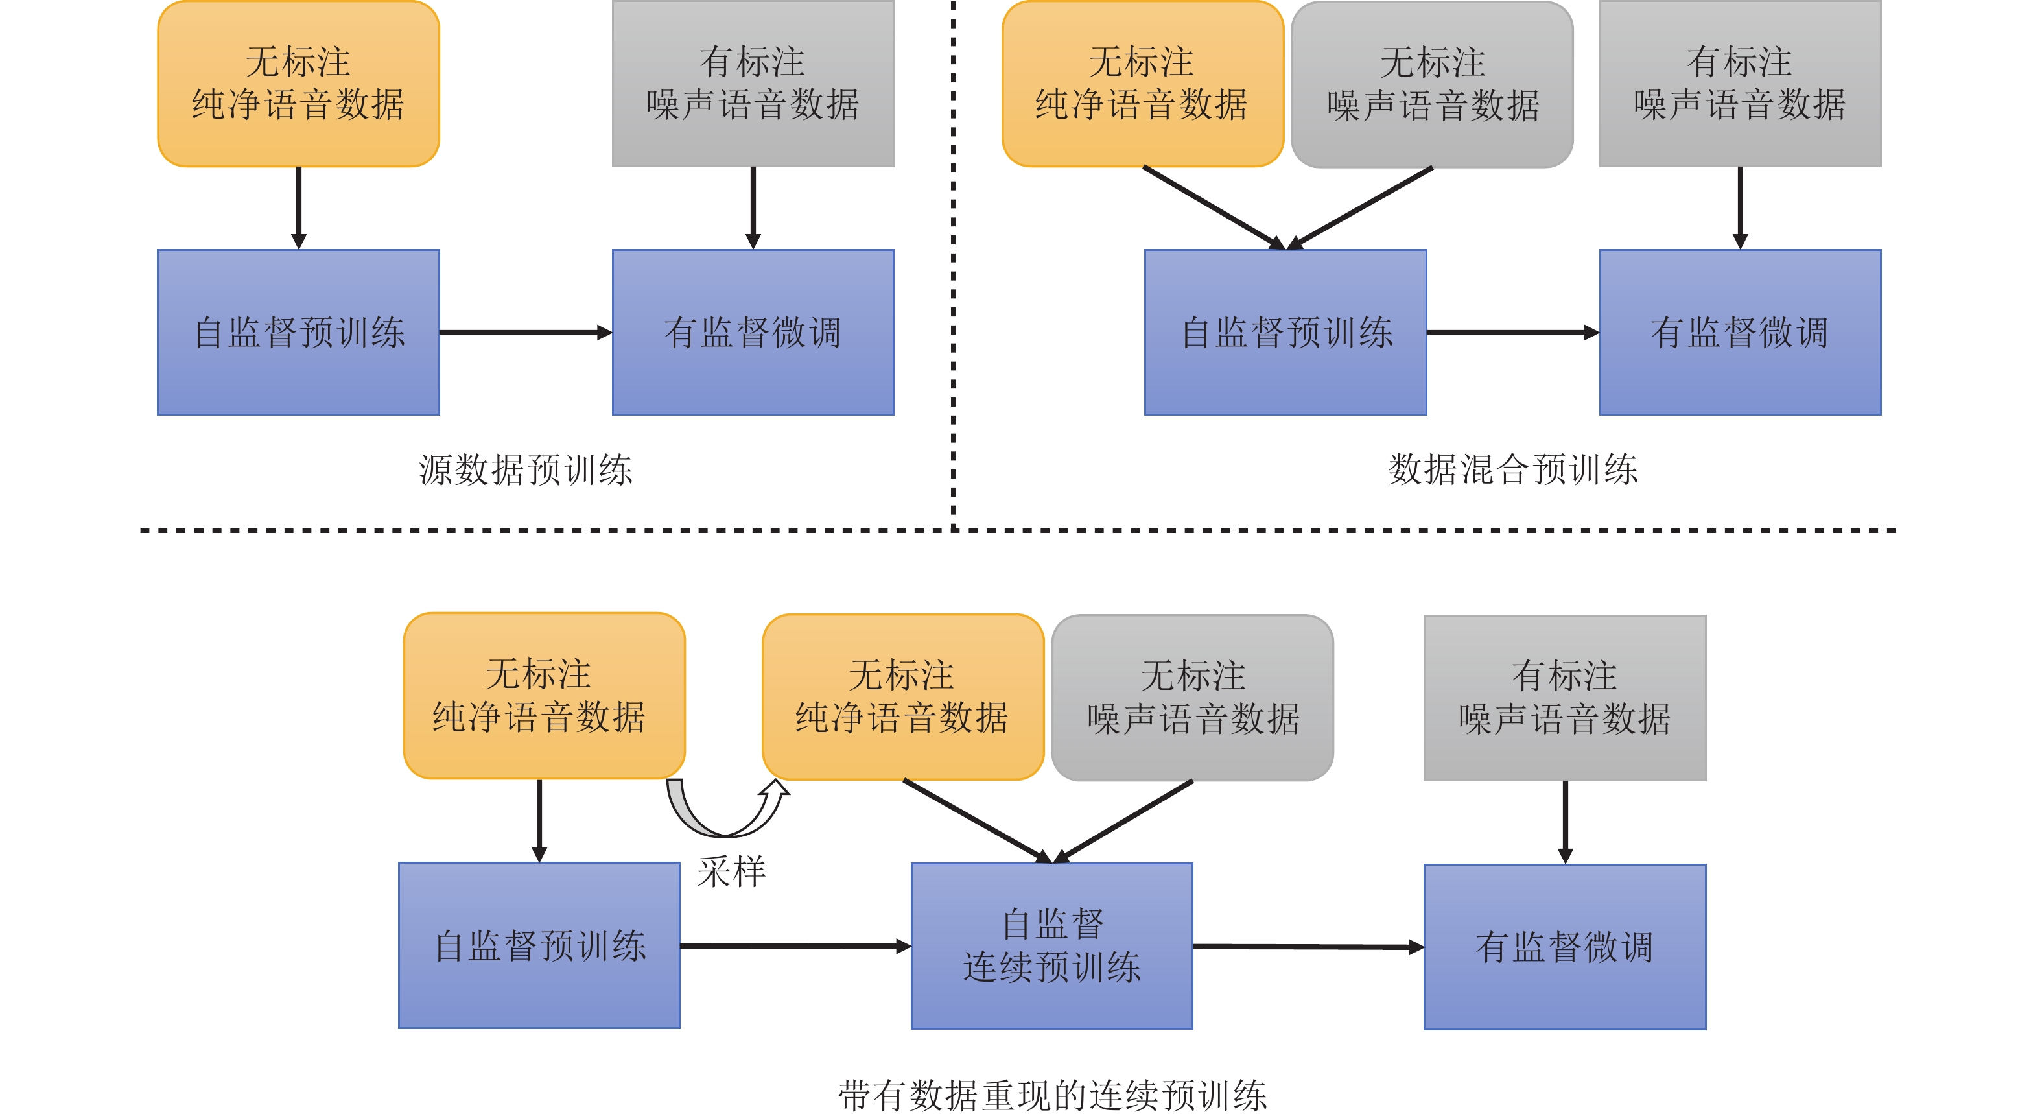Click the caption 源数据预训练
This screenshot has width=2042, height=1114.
click(x=526, y=469)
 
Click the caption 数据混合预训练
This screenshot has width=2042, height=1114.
click(x=1512, y=469)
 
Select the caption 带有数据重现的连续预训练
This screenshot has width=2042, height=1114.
click(x=1052, y=1095)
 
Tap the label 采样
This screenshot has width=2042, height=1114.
click(x=731, y=871)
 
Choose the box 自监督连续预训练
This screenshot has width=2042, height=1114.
click(x=1052, y=946)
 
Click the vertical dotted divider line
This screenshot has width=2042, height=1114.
click(x=953, y=266)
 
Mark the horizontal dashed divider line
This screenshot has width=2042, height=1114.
click(x=1018, y=530)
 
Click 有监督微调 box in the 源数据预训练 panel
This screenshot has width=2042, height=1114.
click(x=753, y=332)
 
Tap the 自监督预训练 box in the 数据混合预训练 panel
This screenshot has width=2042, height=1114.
click(x=1285, y=332)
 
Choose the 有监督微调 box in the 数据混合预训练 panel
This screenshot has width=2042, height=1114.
click(x=1740, y=332)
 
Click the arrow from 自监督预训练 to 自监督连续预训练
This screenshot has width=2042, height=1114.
click(x=795, y=946)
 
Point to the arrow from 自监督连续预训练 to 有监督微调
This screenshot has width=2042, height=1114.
click(x=1308, y=947)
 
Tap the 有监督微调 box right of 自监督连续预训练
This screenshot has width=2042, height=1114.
click(x=1565, y=947)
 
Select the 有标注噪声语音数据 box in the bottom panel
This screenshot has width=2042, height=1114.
click(x=1565, y=698)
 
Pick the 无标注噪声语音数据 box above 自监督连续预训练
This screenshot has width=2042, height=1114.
click(x=1192, y=698)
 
